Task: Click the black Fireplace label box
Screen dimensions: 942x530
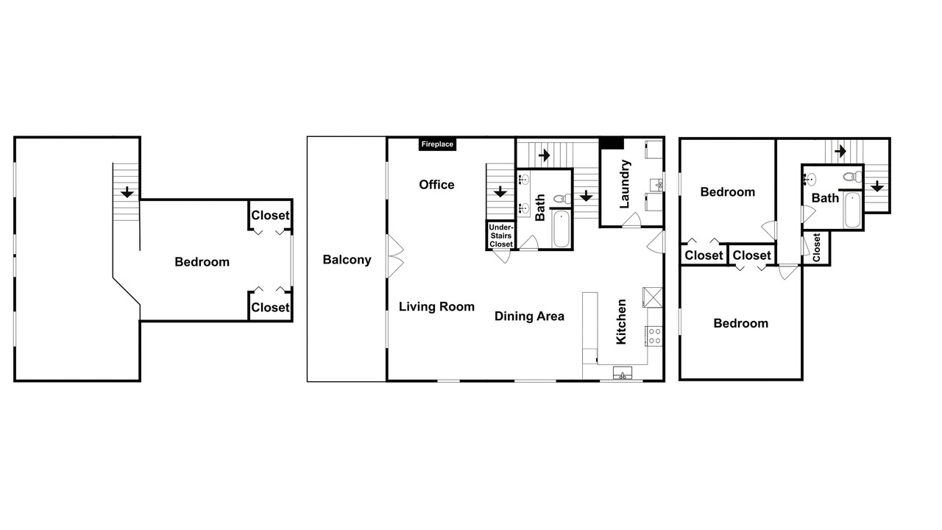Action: pos(437,144)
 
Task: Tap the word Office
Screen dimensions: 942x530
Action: pos(436,185)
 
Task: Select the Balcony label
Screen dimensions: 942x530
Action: pos(347,260)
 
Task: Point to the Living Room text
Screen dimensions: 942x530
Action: pos(436,307)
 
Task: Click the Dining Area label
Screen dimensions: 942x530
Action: pos(529,317)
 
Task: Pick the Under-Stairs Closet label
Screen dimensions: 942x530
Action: pos(501,236)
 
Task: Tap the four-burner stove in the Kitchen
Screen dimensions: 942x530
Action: pos(654,336)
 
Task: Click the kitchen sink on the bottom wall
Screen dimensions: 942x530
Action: pos(623,372)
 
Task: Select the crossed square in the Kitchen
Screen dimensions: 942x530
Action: pos(653,297)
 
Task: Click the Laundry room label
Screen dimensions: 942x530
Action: pos(625,184)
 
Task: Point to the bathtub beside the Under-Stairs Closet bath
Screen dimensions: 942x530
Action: pos(562,229)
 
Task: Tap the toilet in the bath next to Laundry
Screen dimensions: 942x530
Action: pos(562,199)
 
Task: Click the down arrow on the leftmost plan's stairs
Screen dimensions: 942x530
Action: pos(127,192)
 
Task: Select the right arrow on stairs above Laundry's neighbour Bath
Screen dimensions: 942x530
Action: pos(544,155)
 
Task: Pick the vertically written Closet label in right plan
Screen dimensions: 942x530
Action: pos(816,247)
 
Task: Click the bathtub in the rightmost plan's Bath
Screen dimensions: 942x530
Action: pos(852,210)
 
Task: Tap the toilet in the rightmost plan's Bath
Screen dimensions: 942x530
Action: pos(852,177)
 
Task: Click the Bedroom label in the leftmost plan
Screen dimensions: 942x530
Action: pos(202,262)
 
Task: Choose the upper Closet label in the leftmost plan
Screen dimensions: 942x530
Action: pos(270,216)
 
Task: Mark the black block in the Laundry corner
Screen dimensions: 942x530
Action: pos(612,143)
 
